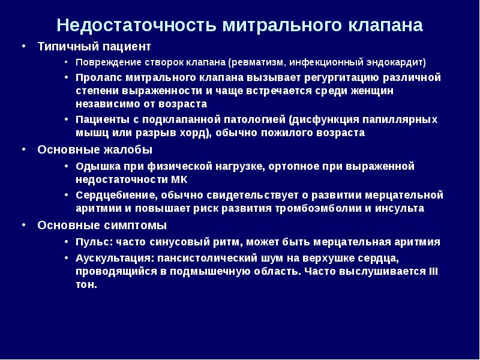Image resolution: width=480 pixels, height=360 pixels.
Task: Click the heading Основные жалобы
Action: (95, 149)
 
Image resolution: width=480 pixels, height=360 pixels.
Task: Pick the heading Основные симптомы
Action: (102, 226)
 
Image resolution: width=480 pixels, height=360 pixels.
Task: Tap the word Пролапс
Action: (96, 78)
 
